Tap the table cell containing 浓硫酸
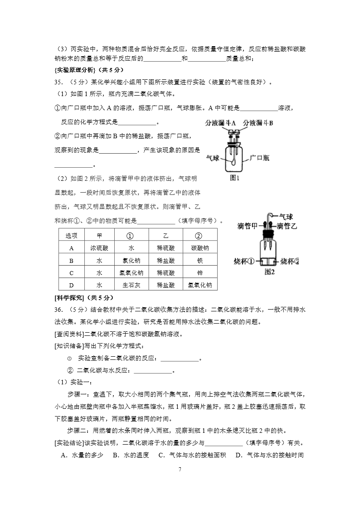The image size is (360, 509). coord(99,248)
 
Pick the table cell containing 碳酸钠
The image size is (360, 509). coord(200,248)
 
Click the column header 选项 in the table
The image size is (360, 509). coord(72,236)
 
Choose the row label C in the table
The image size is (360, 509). coord(72,273)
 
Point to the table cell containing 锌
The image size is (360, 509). coord(200,273)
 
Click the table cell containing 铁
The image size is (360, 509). coord(200,261)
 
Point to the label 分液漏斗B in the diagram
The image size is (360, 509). coord(258,123)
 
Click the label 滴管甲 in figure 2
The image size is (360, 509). coord(247,226)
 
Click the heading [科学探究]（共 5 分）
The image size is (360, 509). coord(83,297)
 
